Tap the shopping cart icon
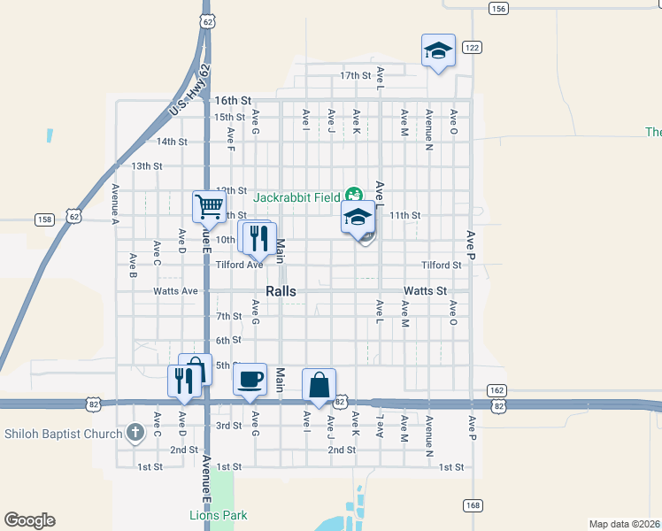208,207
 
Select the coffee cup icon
250,380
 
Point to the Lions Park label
219,515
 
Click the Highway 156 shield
498,8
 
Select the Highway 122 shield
471,47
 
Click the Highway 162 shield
497,390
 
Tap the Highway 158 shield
44,219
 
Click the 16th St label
233,102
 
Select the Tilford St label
442,265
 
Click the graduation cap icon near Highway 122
437,51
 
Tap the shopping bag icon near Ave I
319,385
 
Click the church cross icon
135,433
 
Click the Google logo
29,520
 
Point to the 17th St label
355,75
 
